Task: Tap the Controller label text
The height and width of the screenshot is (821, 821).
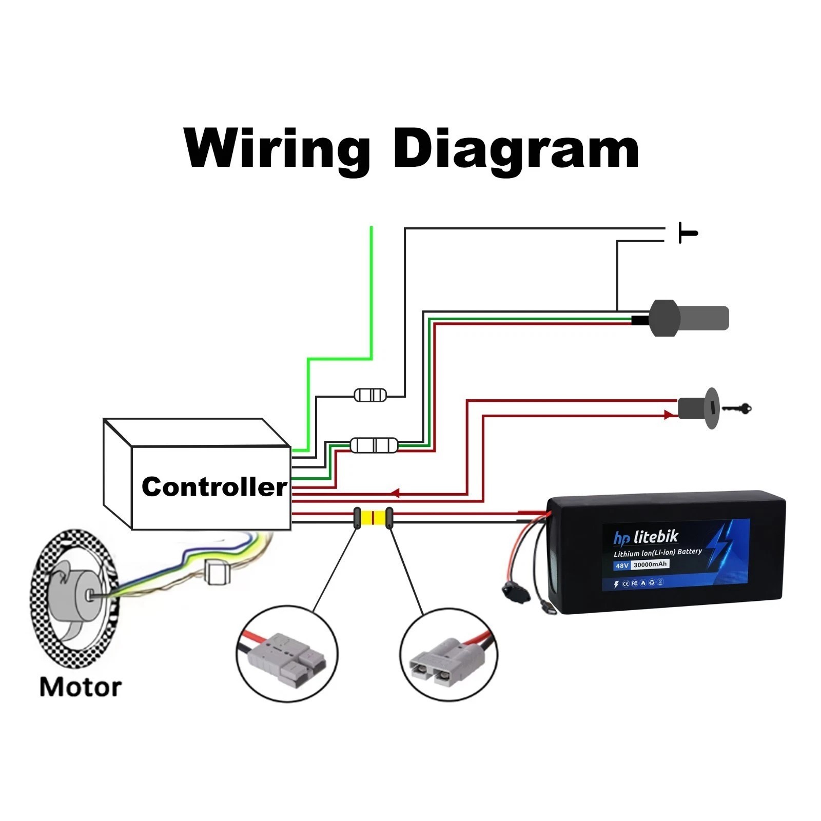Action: pos(214,486)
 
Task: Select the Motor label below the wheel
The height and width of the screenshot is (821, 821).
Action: pos(81,687)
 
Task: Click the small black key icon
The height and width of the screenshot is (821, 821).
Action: pos(737,409)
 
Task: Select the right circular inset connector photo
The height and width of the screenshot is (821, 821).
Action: pos(448,655)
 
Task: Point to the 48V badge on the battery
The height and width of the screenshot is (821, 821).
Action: pos(622,565)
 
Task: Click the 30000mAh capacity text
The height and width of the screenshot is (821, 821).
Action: pos(650,564)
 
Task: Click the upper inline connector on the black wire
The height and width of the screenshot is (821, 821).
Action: pos(370,395)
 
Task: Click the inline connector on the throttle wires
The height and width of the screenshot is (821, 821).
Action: pos(374,445)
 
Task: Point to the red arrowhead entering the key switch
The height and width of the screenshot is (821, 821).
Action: pos(670,415)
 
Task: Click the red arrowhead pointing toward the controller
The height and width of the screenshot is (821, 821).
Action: pos(395,494)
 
